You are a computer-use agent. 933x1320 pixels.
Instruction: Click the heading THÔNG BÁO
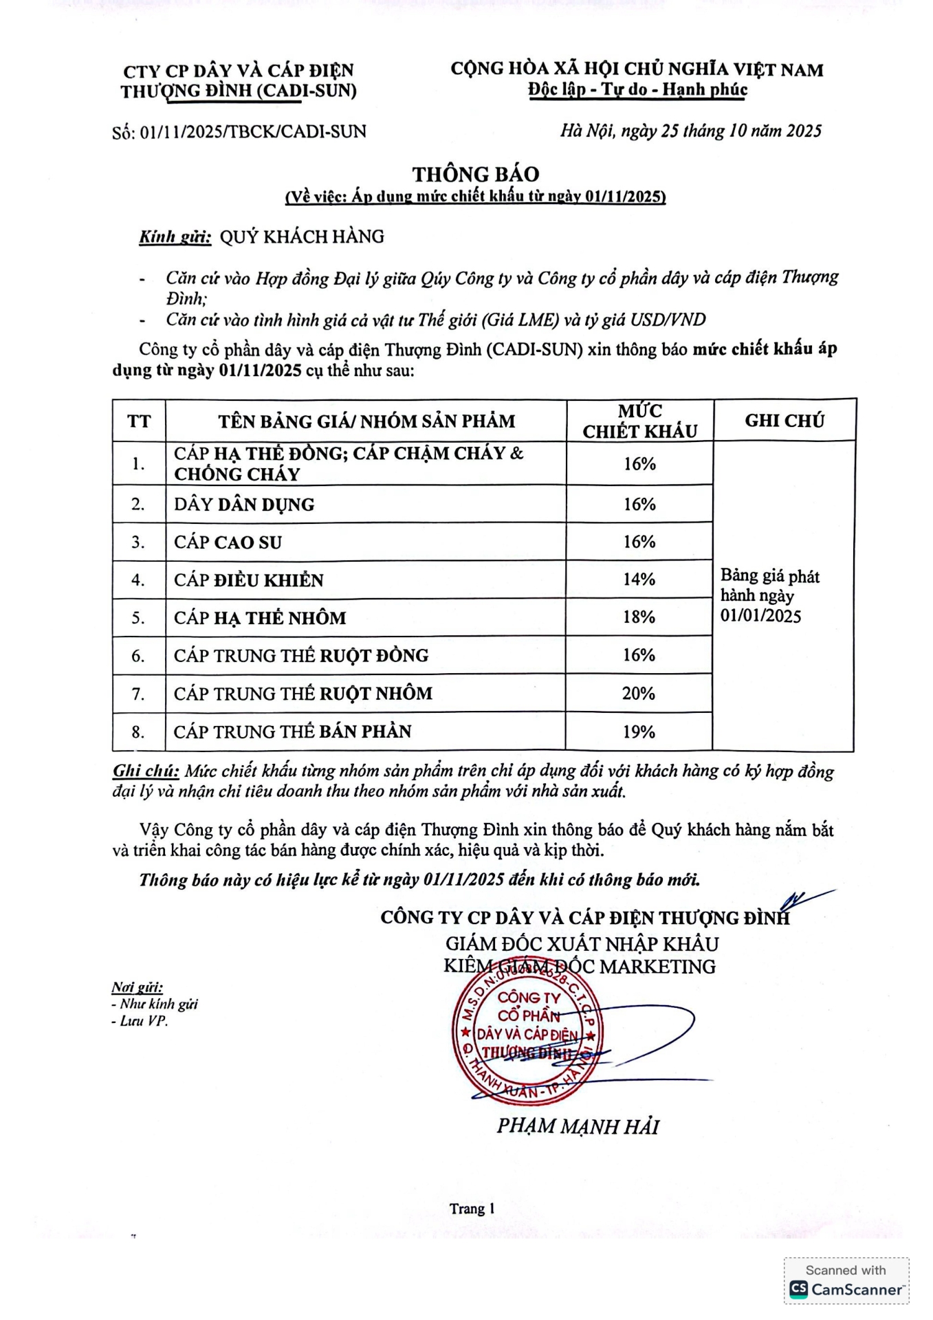tap(475, 174)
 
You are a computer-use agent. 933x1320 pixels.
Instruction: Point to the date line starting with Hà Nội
tap(690, 131)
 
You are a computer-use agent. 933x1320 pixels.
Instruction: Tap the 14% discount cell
tap(639, 580)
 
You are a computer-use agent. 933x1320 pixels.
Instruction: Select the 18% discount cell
tap(639, 617)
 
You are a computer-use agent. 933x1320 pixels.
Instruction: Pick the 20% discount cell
tap(639, 694)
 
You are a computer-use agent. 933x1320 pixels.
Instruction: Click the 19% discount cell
tap(639, 732)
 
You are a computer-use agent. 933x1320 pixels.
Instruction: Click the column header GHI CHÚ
tap(784, 421)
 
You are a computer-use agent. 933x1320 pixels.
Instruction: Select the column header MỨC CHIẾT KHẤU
tap(639, 421)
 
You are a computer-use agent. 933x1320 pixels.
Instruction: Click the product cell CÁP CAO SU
tap(228, 542)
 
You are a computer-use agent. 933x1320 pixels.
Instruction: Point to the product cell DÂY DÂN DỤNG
tap(244, 505)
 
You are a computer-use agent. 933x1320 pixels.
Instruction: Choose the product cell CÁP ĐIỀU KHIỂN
tap(248, 580)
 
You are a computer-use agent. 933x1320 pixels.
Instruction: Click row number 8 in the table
tap(138, 732)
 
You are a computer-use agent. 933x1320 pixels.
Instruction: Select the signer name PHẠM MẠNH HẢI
tap(578, 1127)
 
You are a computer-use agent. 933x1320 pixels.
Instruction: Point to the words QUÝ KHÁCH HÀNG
tap(302, 237)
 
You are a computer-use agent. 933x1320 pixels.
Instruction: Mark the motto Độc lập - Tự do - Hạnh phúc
tap(637, 90)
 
